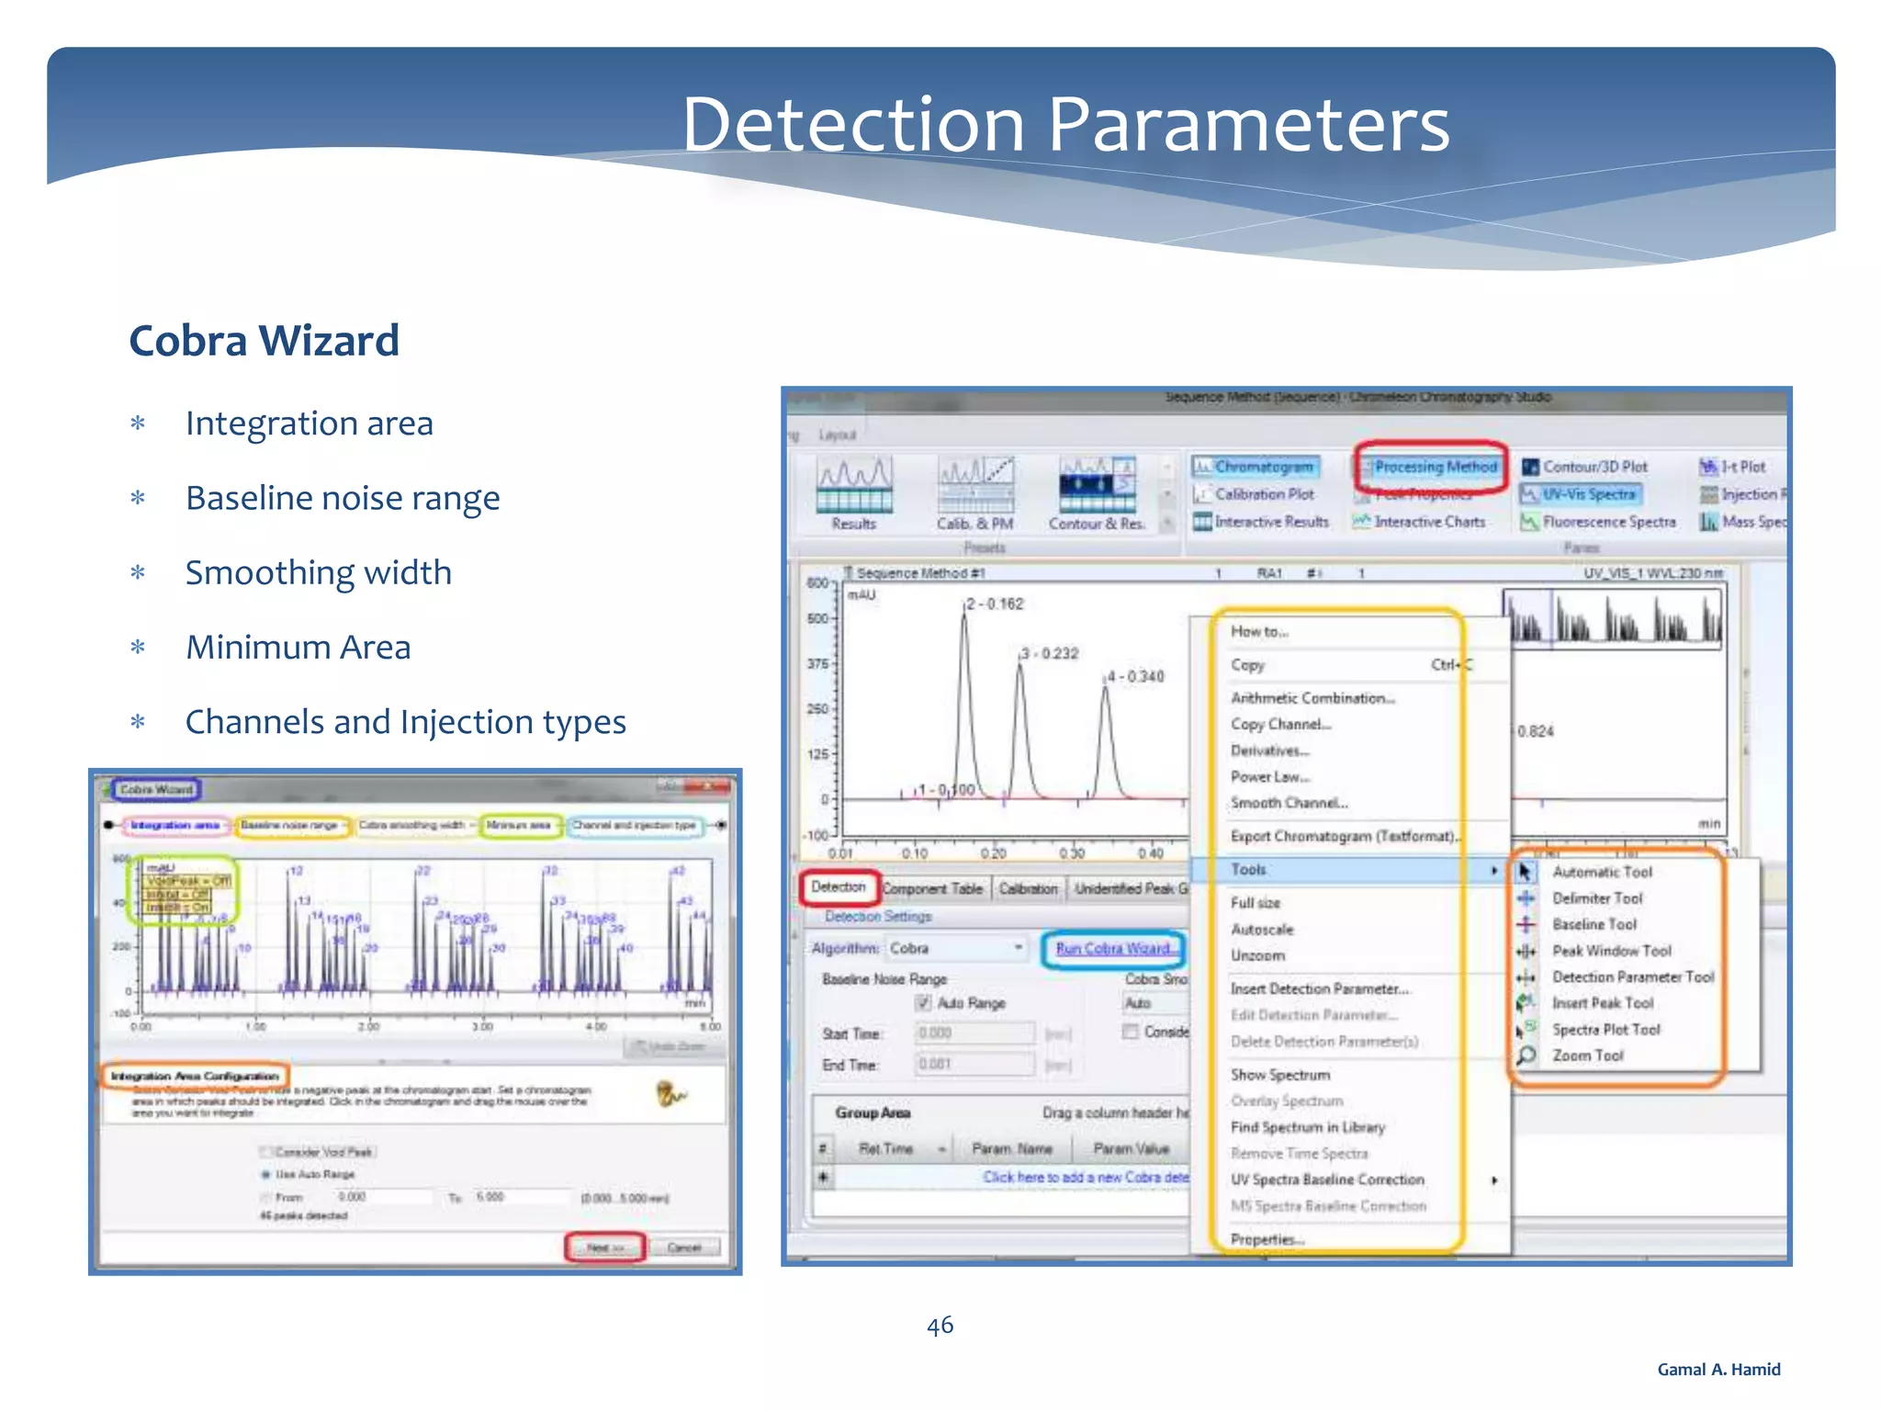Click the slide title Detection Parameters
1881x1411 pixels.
1065,125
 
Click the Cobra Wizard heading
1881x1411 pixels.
264,341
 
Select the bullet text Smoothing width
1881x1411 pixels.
318,572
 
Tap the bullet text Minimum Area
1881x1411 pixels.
298,648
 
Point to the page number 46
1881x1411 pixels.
940,1325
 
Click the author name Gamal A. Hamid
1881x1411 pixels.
1718,1369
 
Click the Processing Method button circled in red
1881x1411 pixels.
1435,467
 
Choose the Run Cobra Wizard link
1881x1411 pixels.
1112,948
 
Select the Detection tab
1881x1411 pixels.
838,886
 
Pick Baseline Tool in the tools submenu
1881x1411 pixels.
1594,924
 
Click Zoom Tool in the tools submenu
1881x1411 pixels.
1587,1055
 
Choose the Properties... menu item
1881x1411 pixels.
1267,1239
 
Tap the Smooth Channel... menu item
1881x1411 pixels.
1289,803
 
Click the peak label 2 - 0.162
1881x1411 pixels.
995,604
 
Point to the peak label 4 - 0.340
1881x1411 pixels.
1135,676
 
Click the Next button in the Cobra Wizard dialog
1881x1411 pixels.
605,1247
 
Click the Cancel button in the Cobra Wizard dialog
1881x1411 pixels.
684,1247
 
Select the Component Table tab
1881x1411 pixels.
932,888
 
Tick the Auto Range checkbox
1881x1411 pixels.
923,1002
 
